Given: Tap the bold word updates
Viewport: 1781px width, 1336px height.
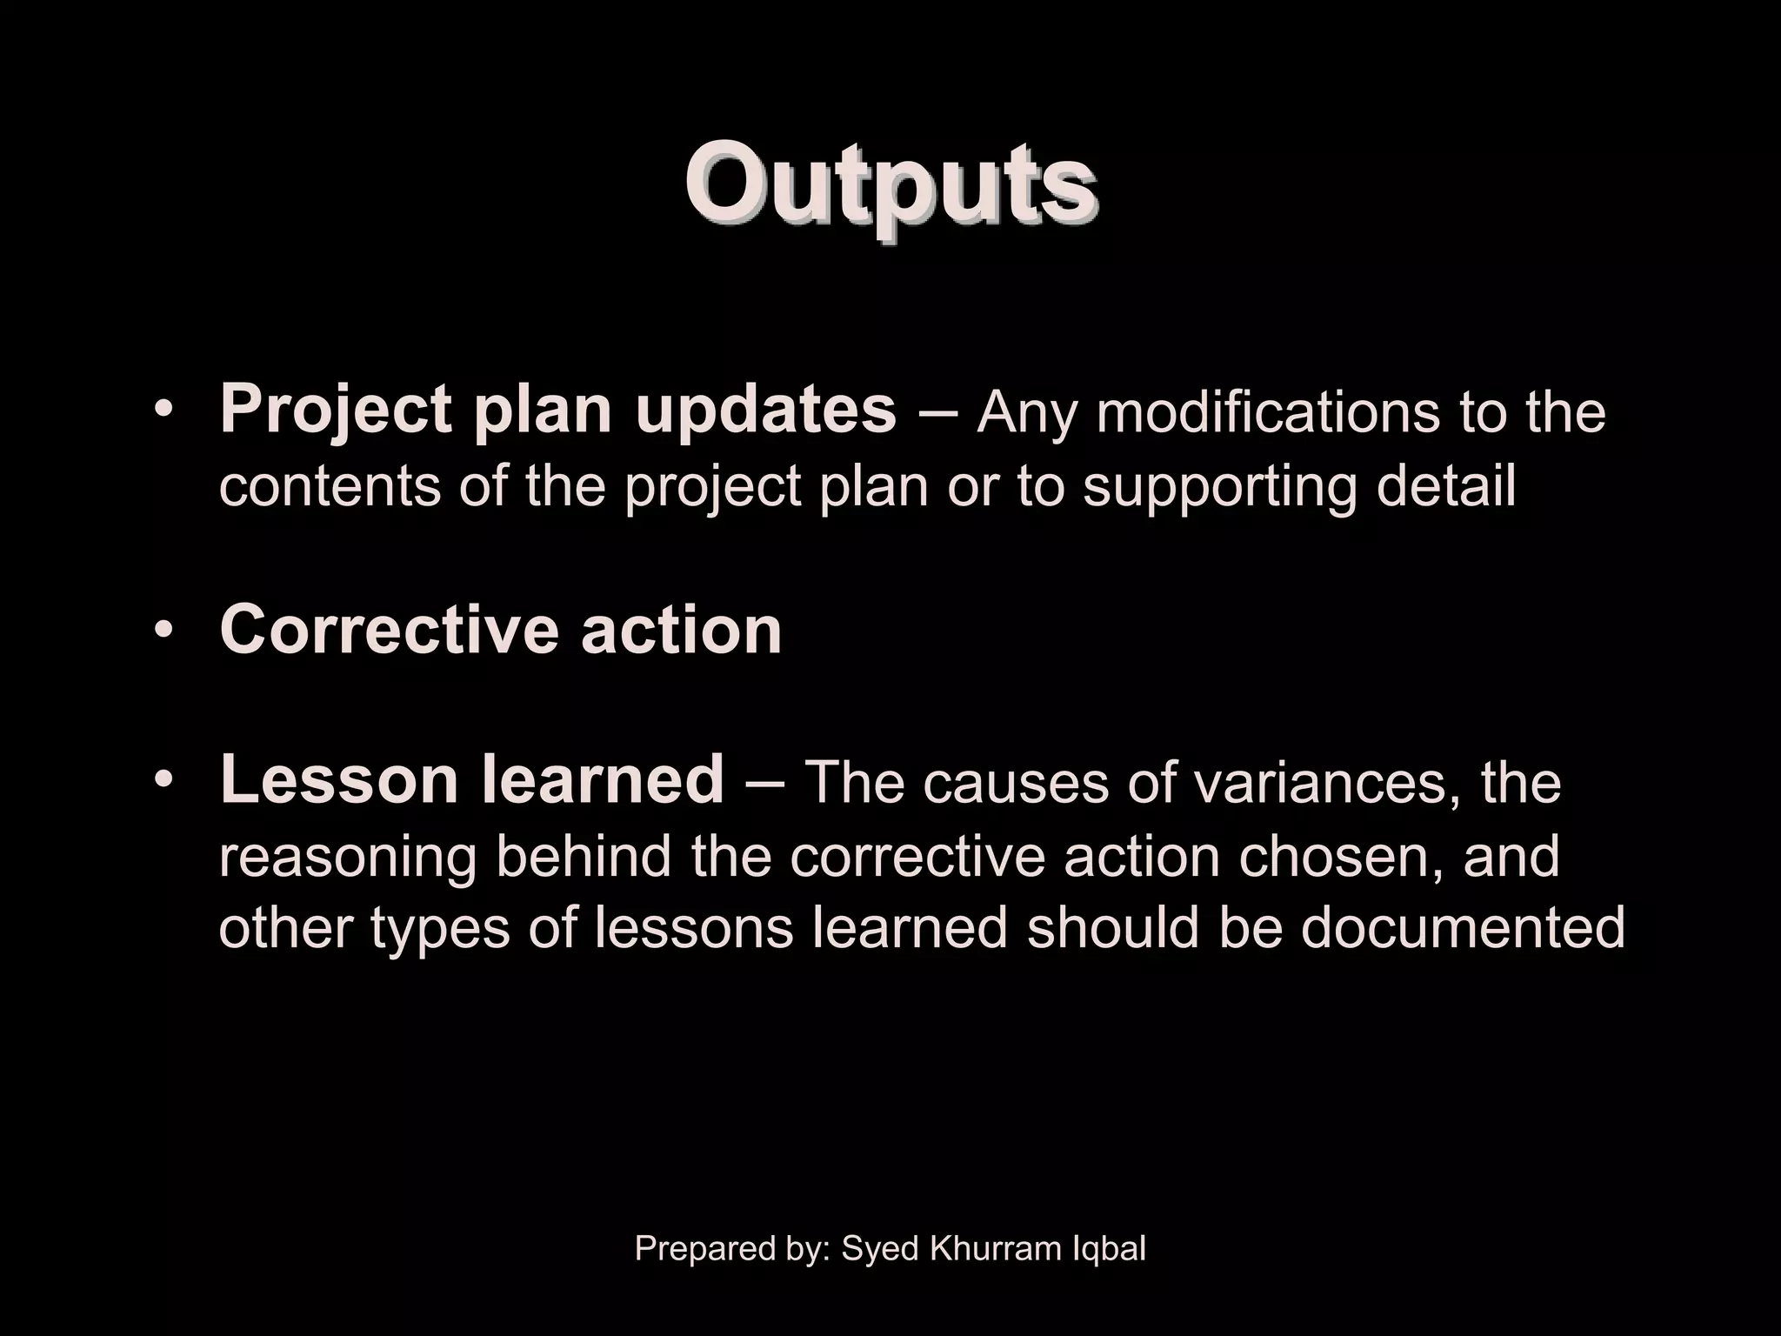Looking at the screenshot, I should (x=765, y=411).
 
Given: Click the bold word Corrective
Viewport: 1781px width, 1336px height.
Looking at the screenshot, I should (x=388, y=629).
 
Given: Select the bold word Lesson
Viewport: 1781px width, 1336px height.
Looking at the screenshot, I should (x=339, y=779).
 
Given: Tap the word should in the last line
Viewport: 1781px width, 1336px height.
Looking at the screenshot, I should (x=1112, y=928).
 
